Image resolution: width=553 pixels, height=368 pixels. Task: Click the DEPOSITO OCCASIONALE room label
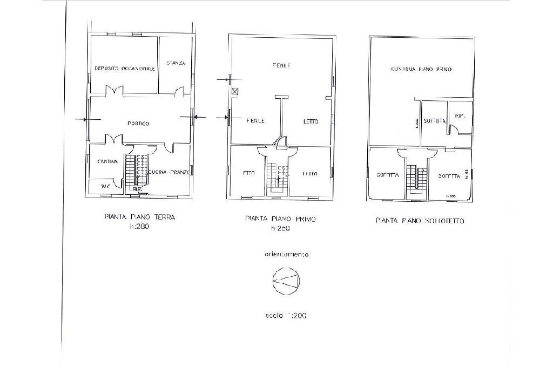[125, 69]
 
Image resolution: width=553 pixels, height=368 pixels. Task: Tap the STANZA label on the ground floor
[176, 63]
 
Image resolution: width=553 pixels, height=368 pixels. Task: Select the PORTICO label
[138, 124]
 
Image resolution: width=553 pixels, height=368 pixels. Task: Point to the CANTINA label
[107, 161]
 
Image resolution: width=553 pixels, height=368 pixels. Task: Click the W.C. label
[106, 187]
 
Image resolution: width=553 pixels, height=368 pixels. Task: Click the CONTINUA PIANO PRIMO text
[421, 69]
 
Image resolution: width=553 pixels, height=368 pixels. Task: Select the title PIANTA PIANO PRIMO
[280, 219]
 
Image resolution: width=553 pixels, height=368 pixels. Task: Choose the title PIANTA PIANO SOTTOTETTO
[420, 221]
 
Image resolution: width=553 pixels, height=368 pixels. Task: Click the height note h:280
[139, 227]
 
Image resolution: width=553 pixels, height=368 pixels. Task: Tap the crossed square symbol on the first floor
[234, 91]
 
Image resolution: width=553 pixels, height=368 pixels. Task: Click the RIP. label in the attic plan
[460, 117]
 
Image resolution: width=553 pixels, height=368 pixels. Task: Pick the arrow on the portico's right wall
[198, 116]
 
